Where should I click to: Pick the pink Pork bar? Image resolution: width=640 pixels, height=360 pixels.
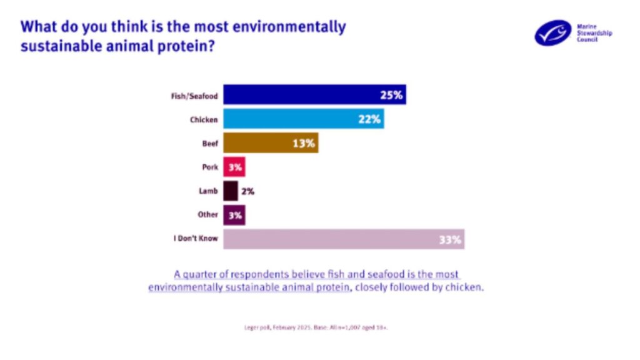[x=234, y=167]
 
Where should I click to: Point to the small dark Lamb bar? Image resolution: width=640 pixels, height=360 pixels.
[x=230, y=191]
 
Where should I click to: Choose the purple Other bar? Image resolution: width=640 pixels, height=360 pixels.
[x=234, y=214]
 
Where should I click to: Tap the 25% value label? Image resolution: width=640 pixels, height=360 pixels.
[x=392, y=96]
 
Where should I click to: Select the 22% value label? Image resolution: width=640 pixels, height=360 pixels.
[x=369, y=119]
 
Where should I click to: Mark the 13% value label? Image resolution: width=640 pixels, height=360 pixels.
[x=304, y=143]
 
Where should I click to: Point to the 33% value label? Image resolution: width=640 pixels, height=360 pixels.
[x=449, y=239]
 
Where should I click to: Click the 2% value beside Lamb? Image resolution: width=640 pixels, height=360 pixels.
[x=247, y=191]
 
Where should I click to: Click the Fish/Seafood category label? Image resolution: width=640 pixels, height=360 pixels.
[x=194, y=96]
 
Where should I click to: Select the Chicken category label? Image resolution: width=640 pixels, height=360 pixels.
[x=203, y=119]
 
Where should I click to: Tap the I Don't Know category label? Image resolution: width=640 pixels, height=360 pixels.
[x=195, y=239]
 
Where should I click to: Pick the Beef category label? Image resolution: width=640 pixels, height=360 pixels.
[x=210, y=143]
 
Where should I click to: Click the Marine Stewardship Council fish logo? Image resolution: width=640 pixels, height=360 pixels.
[x=552, y=32]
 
